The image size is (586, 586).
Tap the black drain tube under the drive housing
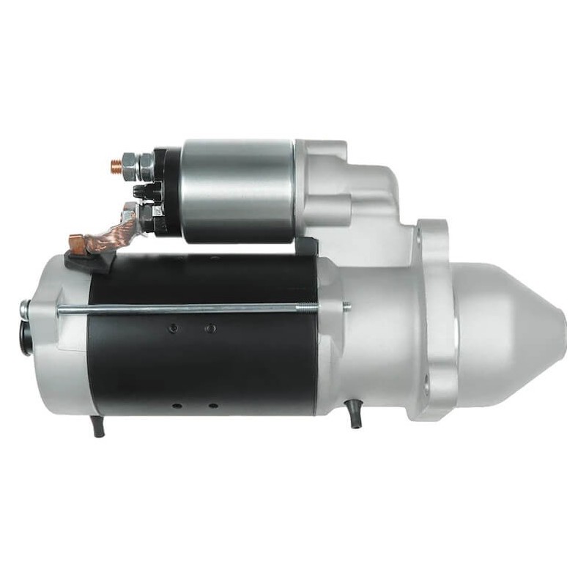(355, 417)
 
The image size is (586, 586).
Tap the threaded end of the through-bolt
(345, 306)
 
